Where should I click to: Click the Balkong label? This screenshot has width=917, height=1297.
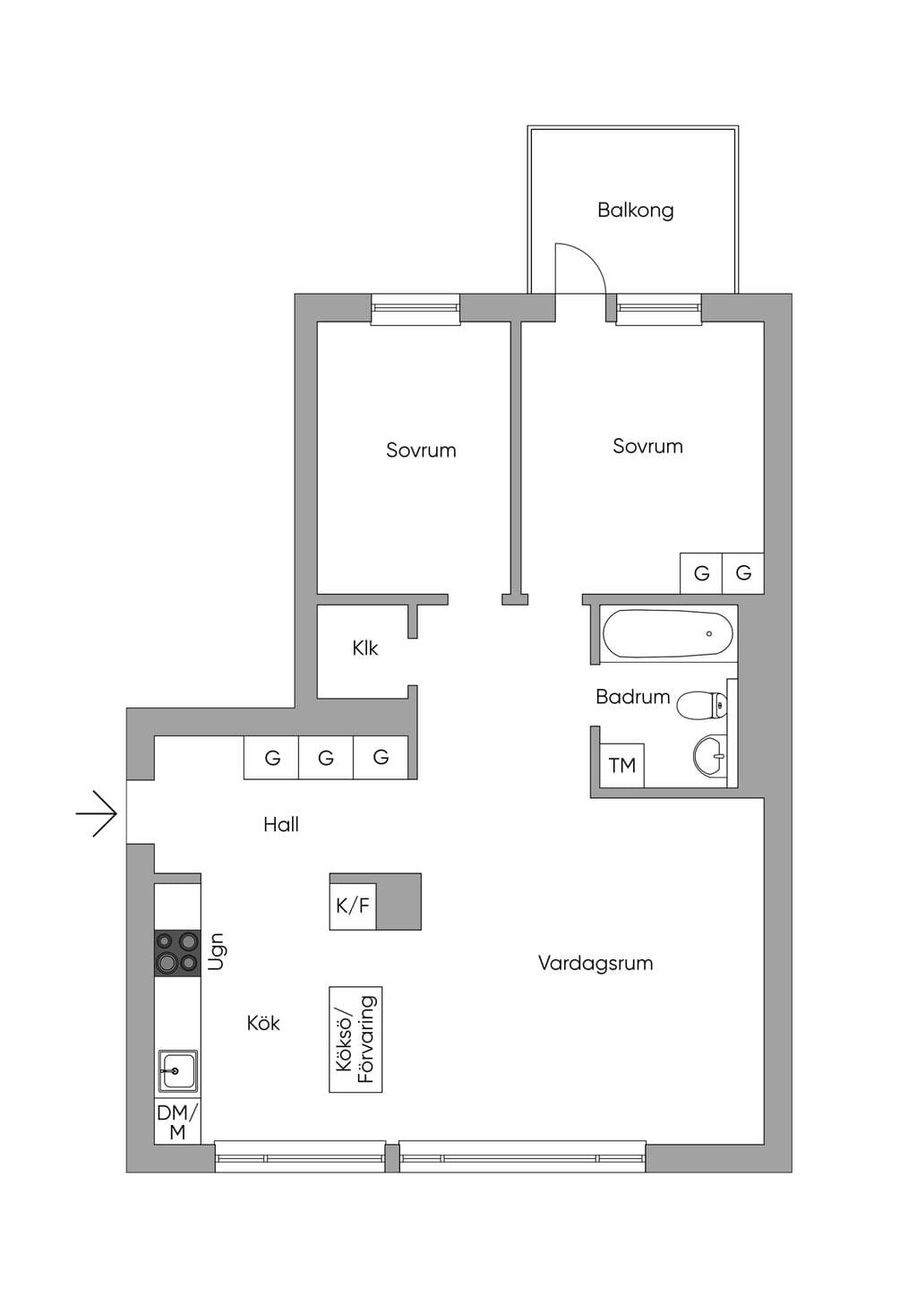(636, 210)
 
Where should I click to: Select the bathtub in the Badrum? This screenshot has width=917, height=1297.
(668, 633)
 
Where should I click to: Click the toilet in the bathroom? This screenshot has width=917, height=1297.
(702, 706)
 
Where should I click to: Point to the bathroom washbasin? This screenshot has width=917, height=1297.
(710, 756)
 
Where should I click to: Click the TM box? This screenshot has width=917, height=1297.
(621, 766)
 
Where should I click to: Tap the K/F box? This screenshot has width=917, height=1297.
(353, 906)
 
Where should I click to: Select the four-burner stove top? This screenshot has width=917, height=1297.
(177, 953)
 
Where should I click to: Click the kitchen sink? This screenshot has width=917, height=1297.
(177, 1072)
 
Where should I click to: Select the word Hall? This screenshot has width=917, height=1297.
(281, 825)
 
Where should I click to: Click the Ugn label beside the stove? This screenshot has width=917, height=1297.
(217, 951)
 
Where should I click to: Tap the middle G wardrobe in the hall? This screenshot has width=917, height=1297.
(326, 758)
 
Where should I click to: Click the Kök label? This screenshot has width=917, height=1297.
(263, 1024)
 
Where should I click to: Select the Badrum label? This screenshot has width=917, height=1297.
(633, 697)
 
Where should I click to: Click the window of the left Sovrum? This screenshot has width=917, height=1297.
(416, 309)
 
